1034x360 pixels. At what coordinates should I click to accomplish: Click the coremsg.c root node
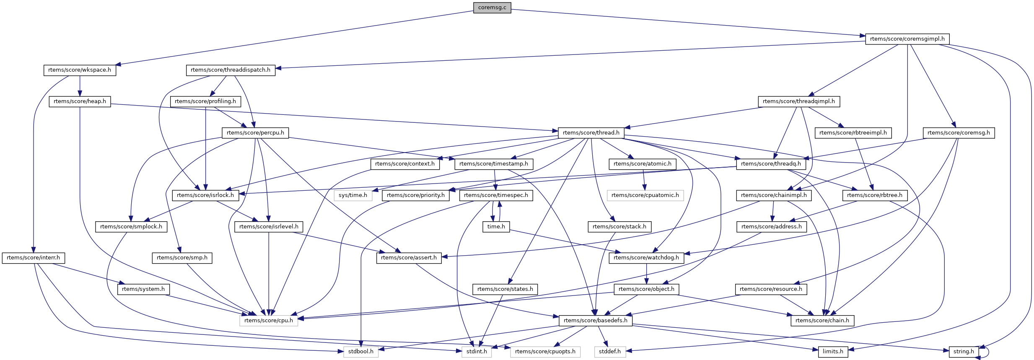point(492,8)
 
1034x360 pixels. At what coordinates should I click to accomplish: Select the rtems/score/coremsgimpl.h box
point(907,39)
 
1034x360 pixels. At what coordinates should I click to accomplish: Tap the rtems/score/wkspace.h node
point(80,70)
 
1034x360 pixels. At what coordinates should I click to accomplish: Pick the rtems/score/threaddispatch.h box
point(231,70)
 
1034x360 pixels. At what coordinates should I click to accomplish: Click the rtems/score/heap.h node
point(80,101)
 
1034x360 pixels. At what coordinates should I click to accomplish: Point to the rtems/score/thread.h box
point(591,133)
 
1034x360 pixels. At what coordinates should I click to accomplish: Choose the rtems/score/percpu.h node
point(255,133)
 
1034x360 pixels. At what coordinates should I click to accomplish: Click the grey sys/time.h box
point(353,195)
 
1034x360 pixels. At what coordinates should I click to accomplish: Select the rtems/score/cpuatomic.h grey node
point(645,195)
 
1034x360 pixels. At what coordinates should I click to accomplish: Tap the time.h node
point(496,227)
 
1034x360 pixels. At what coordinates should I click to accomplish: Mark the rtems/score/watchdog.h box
point(646,258)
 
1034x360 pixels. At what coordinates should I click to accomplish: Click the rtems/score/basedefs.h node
point(596,321)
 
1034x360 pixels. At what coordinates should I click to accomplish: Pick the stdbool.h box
point(361,352)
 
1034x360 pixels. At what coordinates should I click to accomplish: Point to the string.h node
point(964,352)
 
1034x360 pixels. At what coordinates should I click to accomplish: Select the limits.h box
point(833,352)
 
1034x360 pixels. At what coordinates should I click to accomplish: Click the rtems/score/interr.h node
point(33,258)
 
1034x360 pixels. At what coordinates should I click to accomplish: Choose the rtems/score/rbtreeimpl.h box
point(853,133)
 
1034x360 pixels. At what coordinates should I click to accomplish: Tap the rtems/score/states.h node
point(505,289)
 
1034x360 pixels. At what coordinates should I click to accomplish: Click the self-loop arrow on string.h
point(988,352)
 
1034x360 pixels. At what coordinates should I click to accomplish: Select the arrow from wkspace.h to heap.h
point(80,86)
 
